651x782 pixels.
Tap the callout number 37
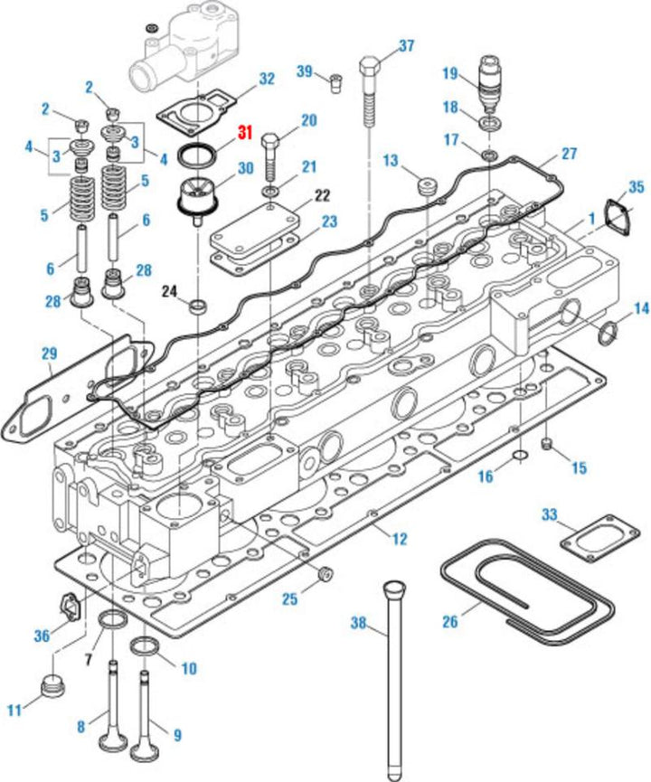[406, 46]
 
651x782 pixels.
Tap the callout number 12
[399, 540]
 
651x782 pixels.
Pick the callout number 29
[49, 353]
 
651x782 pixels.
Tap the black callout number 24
[169, 290]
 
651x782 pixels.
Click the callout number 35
[637, 187]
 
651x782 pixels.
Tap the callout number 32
[265, 79]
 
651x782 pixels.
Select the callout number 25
[288, 598]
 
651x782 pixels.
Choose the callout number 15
[579, 467]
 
